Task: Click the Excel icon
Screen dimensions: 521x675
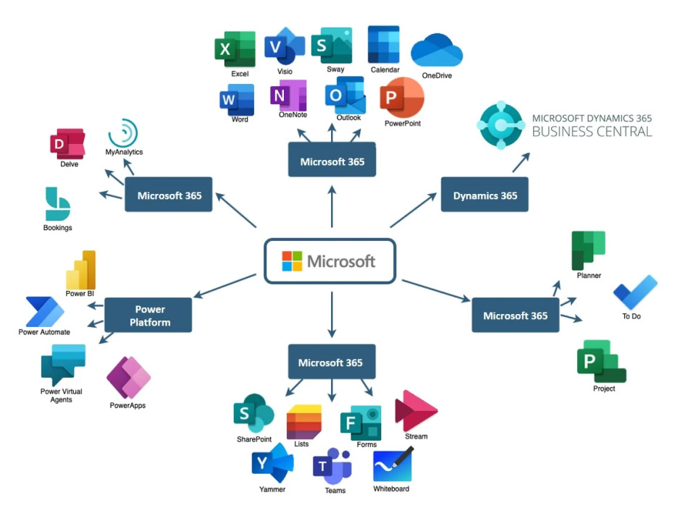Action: [x=235, y=50]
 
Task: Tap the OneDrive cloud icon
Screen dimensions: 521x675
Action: [x=437, y=51]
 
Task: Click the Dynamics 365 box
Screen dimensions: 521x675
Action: [x=485, y=195]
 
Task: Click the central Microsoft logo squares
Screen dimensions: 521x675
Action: [x=292, y=261]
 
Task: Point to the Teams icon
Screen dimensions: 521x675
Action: [x=332, y=466]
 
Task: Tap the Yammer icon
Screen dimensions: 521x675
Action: [x=272, y=463]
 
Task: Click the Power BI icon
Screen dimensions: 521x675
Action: [x=81, y=270]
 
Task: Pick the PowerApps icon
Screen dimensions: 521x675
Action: [x=128, y=378]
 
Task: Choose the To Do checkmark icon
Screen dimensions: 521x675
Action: [x=635, y=292]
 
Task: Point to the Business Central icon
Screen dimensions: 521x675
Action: [x=500, y=125]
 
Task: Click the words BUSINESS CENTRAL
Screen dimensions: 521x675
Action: [x=592, y=132]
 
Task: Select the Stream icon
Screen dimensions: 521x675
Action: [x=415, y=411]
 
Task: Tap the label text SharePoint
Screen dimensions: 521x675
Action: [x=253, y=439]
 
